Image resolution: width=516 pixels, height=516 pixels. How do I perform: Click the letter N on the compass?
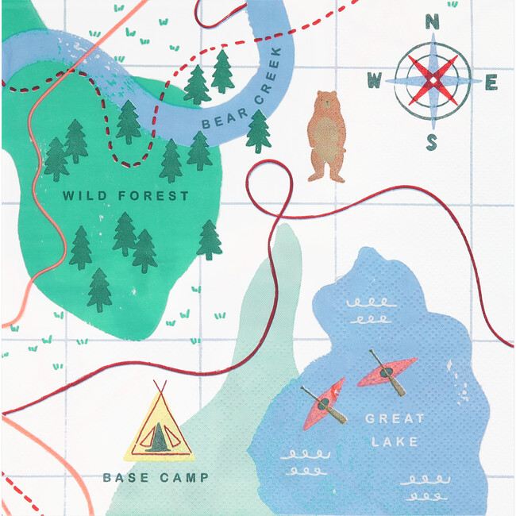433,22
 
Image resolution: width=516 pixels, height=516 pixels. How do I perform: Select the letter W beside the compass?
375,80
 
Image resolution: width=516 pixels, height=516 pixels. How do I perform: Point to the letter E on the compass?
491,82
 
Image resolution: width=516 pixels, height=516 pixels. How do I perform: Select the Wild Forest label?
125,196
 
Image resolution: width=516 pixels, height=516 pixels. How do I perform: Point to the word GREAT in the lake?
395,418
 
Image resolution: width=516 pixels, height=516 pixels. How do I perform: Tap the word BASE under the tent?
123,478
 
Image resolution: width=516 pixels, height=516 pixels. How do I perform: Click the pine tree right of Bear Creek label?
258,131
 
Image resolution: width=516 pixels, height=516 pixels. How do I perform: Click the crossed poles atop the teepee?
160,387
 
